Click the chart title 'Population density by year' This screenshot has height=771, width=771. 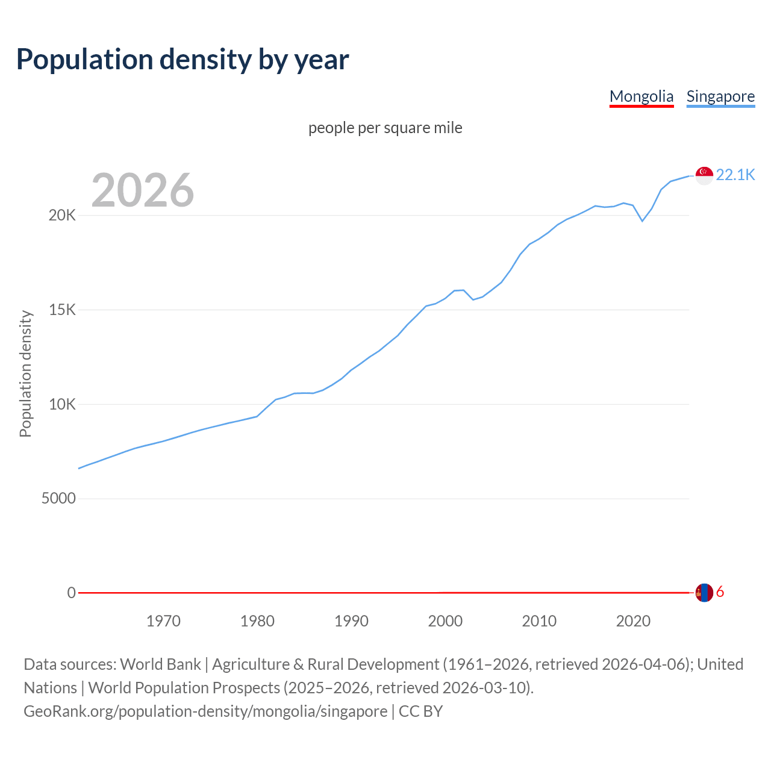[183, 60]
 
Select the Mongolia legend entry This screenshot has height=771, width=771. [641, 96]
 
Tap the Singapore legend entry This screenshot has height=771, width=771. [720, 96]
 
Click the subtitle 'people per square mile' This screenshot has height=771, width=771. [385, 128]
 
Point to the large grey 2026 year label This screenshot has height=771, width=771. [143, 190]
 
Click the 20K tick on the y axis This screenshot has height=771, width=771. [62, 215]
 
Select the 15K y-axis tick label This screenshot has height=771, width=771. [62, 310]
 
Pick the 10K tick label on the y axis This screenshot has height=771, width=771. [62, 404]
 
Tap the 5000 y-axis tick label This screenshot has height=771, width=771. [58, 499]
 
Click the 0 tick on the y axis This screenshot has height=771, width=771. [71, 593]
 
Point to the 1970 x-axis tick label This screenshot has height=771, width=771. [163, 621]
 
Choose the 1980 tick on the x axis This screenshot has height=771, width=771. [257, 621]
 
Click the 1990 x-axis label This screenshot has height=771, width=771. [351, 621]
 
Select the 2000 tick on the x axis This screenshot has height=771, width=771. [445, 621]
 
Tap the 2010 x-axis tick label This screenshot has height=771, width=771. [539, 621]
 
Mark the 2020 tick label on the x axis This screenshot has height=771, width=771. [633, 621]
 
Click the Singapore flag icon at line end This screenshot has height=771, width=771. [704, 175]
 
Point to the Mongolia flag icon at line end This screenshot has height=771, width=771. [704, 593]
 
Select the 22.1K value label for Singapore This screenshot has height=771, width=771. [735, 175]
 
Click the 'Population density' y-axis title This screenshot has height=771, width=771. [25, 373]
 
